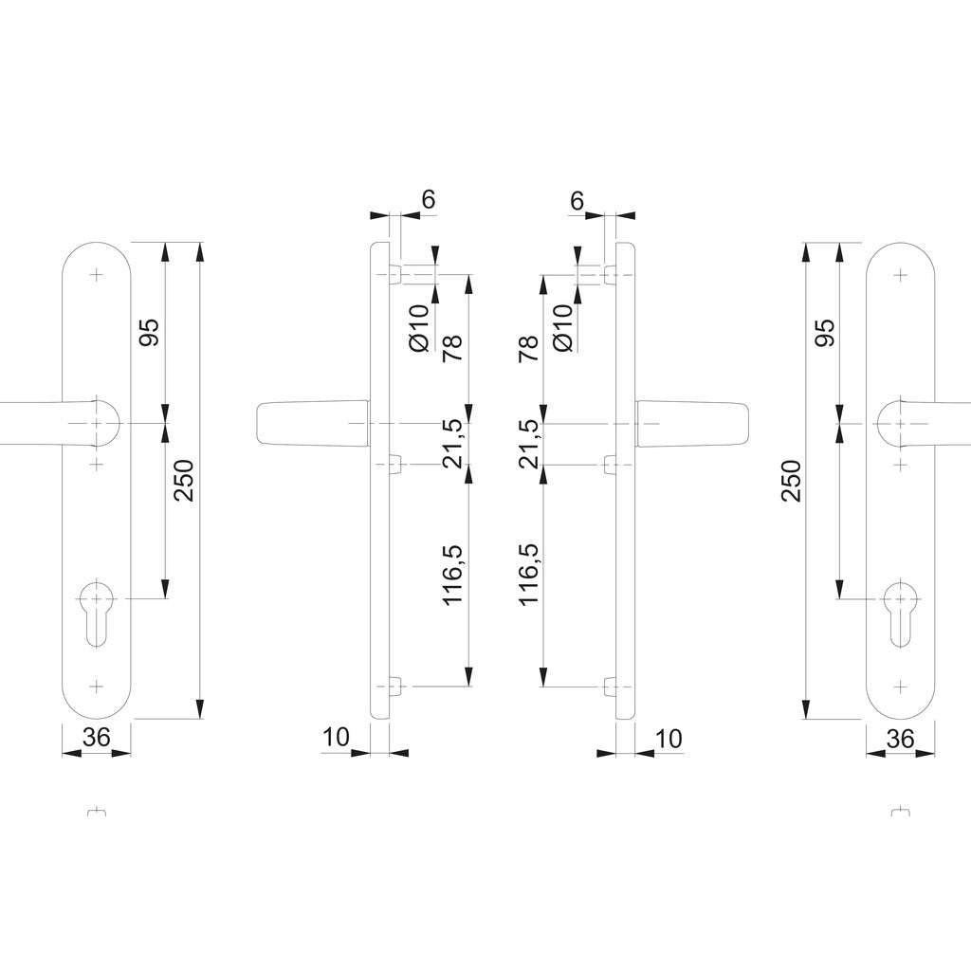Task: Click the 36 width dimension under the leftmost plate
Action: (97, 737)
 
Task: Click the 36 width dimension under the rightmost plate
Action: (900, 738)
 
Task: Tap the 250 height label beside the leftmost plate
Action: (185, 481)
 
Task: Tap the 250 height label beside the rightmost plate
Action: (792, 481)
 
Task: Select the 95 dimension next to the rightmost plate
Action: (825, 333)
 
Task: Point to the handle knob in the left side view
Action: (313, 423)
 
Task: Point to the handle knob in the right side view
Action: (692, 423)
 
